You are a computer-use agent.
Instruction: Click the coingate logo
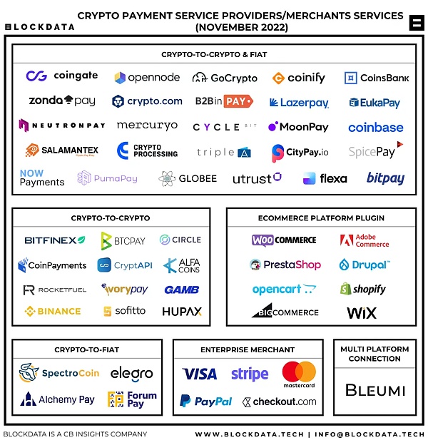point(62,76)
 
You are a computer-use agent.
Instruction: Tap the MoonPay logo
point(298,126)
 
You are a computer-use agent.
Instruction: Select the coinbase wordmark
point(376,128)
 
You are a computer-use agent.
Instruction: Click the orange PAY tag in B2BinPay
point(238,101)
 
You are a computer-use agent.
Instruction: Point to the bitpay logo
point(385,178)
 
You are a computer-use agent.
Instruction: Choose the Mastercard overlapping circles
point(299,372)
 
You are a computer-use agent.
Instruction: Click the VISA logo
point(200,374)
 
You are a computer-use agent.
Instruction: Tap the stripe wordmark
point(250,374)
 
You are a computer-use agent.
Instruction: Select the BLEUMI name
point(375,390)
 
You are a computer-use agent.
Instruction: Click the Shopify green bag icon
point(345,289)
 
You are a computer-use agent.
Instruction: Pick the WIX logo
point(362,312)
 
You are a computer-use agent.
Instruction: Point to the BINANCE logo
point(53,312)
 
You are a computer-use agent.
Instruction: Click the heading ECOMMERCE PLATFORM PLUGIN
point(321,218)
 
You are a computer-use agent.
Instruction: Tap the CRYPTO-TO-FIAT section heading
point(86,349)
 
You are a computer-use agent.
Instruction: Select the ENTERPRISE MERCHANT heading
point(248,349)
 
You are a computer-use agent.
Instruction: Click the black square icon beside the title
point(417,23)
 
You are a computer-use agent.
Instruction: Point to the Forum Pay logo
point(132,399)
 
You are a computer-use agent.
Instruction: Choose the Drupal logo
point(365,265)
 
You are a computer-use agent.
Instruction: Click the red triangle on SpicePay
point(400,144)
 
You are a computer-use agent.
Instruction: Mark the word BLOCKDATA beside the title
point(40,27)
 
